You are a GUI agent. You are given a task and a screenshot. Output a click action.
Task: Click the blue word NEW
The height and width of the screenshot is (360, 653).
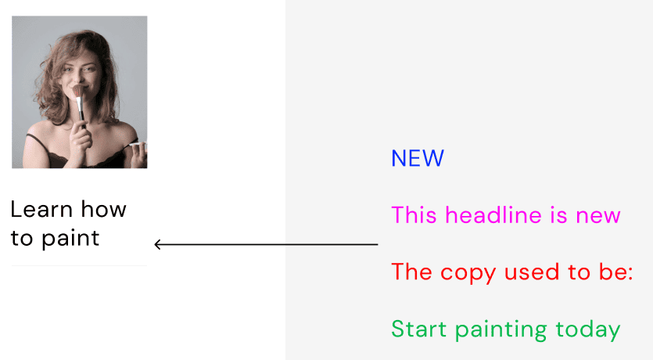418,158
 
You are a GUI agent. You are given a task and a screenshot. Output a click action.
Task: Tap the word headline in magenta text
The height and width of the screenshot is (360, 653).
493,215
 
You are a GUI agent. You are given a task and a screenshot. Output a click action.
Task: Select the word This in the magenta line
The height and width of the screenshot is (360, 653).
414,215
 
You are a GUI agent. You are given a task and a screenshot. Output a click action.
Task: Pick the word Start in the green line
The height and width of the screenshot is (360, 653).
419,329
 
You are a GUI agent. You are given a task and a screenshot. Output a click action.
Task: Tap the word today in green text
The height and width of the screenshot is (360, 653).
588,330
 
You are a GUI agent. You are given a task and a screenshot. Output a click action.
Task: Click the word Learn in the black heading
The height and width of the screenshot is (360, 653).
41,209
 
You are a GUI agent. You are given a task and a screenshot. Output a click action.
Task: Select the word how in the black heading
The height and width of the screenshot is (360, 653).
104,209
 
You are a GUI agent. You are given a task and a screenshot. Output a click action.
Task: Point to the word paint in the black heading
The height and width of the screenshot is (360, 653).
70,239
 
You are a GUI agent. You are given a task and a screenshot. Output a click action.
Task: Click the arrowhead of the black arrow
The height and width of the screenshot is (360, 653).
157,244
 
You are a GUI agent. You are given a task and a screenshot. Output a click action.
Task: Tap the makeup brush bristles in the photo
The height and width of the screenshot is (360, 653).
78,91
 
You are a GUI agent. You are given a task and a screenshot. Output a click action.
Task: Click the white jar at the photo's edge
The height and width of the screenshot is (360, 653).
138,146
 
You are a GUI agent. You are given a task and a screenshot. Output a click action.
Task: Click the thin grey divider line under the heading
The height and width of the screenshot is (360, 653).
79,265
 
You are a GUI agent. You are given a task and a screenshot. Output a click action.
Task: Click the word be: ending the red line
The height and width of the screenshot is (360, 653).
616,272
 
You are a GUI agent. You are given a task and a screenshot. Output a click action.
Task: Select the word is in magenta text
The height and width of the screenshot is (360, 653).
559,216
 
